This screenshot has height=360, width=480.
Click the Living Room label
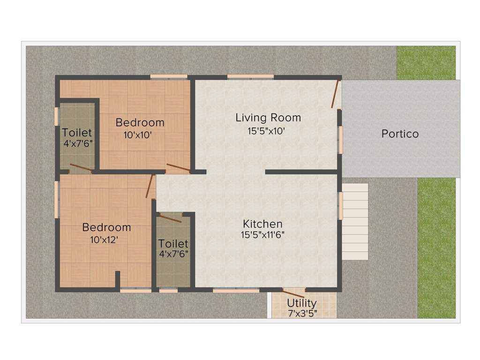pyautogui.click(x=268, y=118)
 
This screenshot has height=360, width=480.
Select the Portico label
pyautogui.click(x=400, y=134)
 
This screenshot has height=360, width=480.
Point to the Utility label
pyautogui.click(x=302, y=303)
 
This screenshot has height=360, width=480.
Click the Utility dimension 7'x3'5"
pyautogui.click(x=302, y=313)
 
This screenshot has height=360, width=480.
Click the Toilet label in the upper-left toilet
pyautogui.click(x=77, y=133)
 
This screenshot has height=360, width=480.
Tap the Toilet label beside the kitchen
pyautogui.click(x=173, y=244)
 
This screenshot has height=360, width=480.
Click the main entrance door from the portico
pyautogui.click(x=335, y=94)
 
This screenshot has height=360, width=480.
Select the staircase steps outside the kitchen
pyautogui.click(x=355, y=221)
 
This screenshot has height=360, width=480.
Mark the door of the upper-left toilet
pyautogui.click(x=81, y=168)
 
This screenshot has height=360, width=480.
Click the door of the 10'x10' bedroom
pyautogui.click(x=178, y=167)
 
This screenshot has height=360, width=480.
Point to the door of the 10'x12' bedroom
pyautogui.click(x=150, y=187)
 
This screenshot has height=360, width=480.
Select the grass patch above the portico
pyautogui.click(x=426, y=62)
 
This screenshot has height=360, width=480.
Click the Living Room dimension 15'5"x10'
pyautogui.click(x=266, y=131)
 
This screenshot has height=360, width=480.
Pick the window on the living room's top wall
pyautogui.click(x=250, y=76)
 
